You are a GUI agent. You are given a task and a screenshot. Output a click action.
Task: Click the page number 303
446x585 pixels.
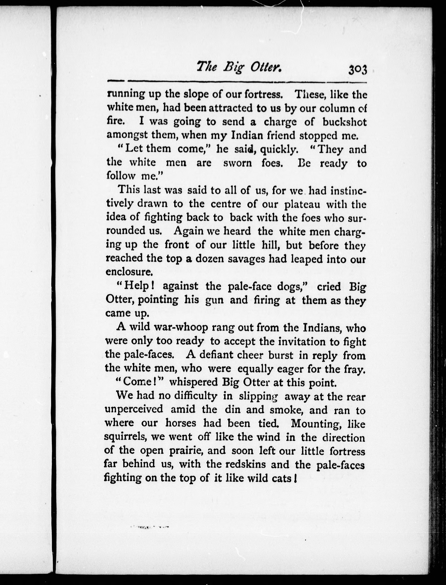[357, 71]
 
